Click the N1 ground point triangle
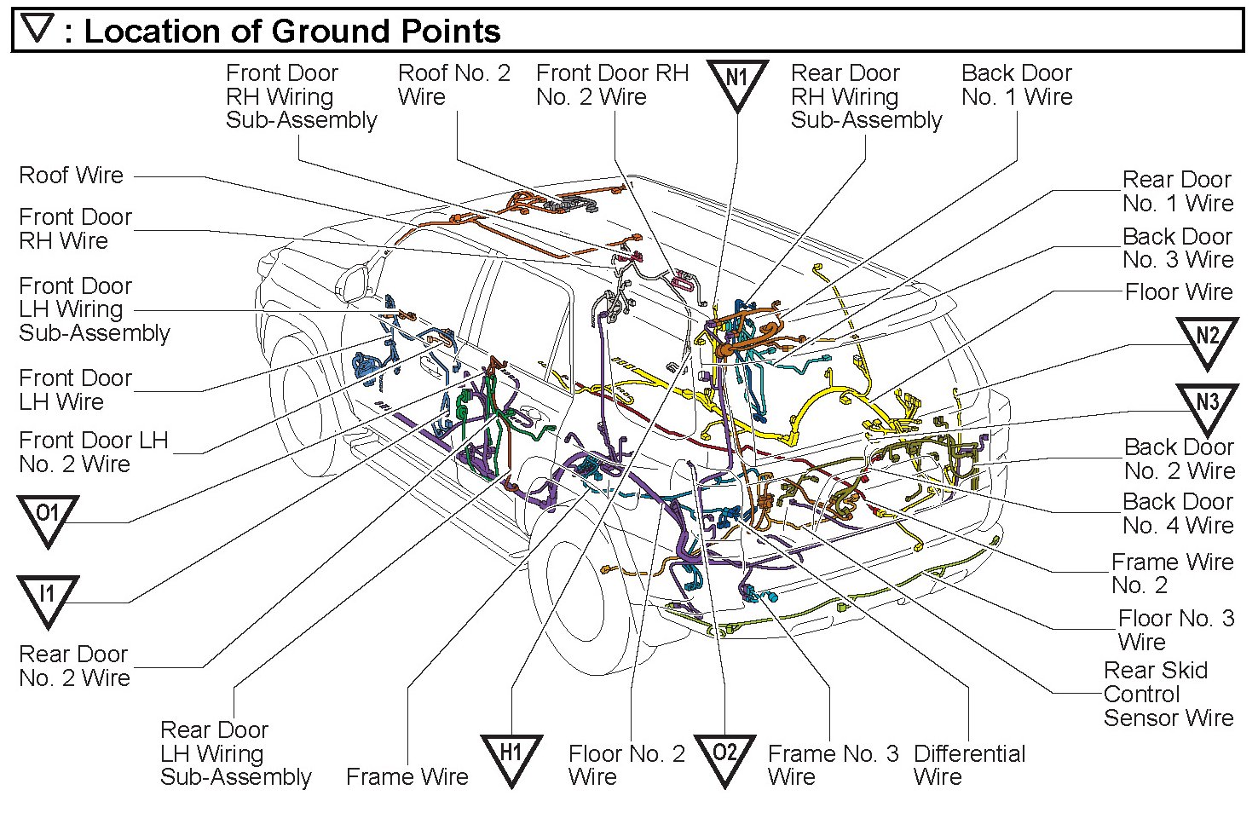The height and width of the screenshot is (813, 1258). pyautogui.click(x=736, y=83)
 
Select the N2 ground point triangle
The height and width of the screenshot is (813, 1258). pyautogui.click(x=1207, y=341)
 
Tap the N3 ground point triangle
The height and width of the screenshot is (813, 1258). pyautogui.click(x=1207, y=406)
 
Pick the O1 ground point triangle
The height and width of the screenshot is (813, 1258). pyautogui.click(x=48, y=518)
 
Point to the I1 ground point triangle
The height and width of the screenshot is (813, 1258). pyautogui.click(x=48, y=597)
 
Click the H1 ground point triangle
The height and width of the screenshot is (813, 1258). pyautogui.click(x=511, y=757)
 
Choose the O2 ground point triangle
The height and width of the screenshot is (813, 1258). pyautogui.click(x=724, y=757)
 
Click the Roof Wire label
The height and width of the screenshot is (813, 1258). pyautogui.click(x=72, y=176)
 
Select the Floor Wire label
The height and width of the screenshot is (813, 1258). pyautogui.click(x=1179, y=292)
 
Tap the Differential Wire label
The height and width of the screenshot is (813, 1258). pyautogui.click(x=969, y=765)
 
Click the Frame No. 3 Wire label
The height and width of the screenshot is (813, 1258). pyautogui.click(x=833, y=765)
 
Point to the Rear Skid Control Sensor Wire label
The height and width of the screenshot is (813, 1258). pyautogui.click(x=1168, y=694)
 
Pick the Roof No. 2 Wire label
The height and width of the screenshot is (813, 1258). pyautogui.click(x=454, y=84)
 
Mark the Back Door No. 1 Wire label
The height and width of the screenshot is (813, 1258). pyautogui.click(x=1017, y=84)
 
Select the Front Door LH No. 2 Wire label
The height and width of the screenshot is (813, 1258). pyautogui.click(x=94, y=453)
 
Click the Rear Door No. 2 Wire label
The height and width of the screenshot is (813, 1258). pyautogui.click(x=74, y=666)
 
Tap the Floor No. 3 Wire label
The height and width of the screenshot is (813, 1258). pyautogui.click(x=1175, y=630)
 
